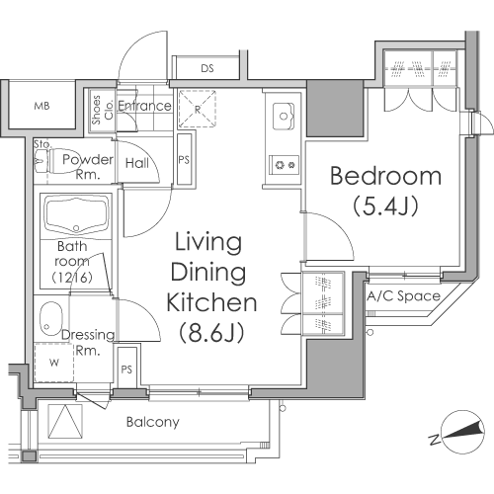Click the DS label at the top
[x=207, y=68]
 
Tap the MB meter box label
[x=41, y=106]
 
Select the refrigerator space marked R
[x=198, y=109]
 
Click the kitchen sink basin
[x=284, y=116]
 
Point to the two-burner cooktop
[x=285, y=165]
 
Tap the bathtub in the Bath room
[x=76, y=215]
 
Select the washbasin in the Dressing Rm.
[x=50, y=318]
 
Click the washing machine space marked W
[x=54, y=363]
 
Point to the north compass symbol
[x=462, y=432]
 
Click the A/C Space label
[x=403, y=296]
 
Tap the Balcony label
[x=153, y=422]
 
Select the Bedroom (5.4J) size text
[x=385, y=206]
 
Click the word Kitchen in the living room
[x=211, y=302]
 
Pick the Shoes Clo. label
[x=102, y=110]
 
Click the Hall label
[x=137, y=163]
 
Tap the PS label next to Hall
[x=184, y=160]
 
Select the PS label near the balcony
[x=126, y=370]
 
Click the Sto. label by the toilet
[x=42, y=144]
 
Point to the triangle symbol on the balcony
[x=65, y=422]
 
